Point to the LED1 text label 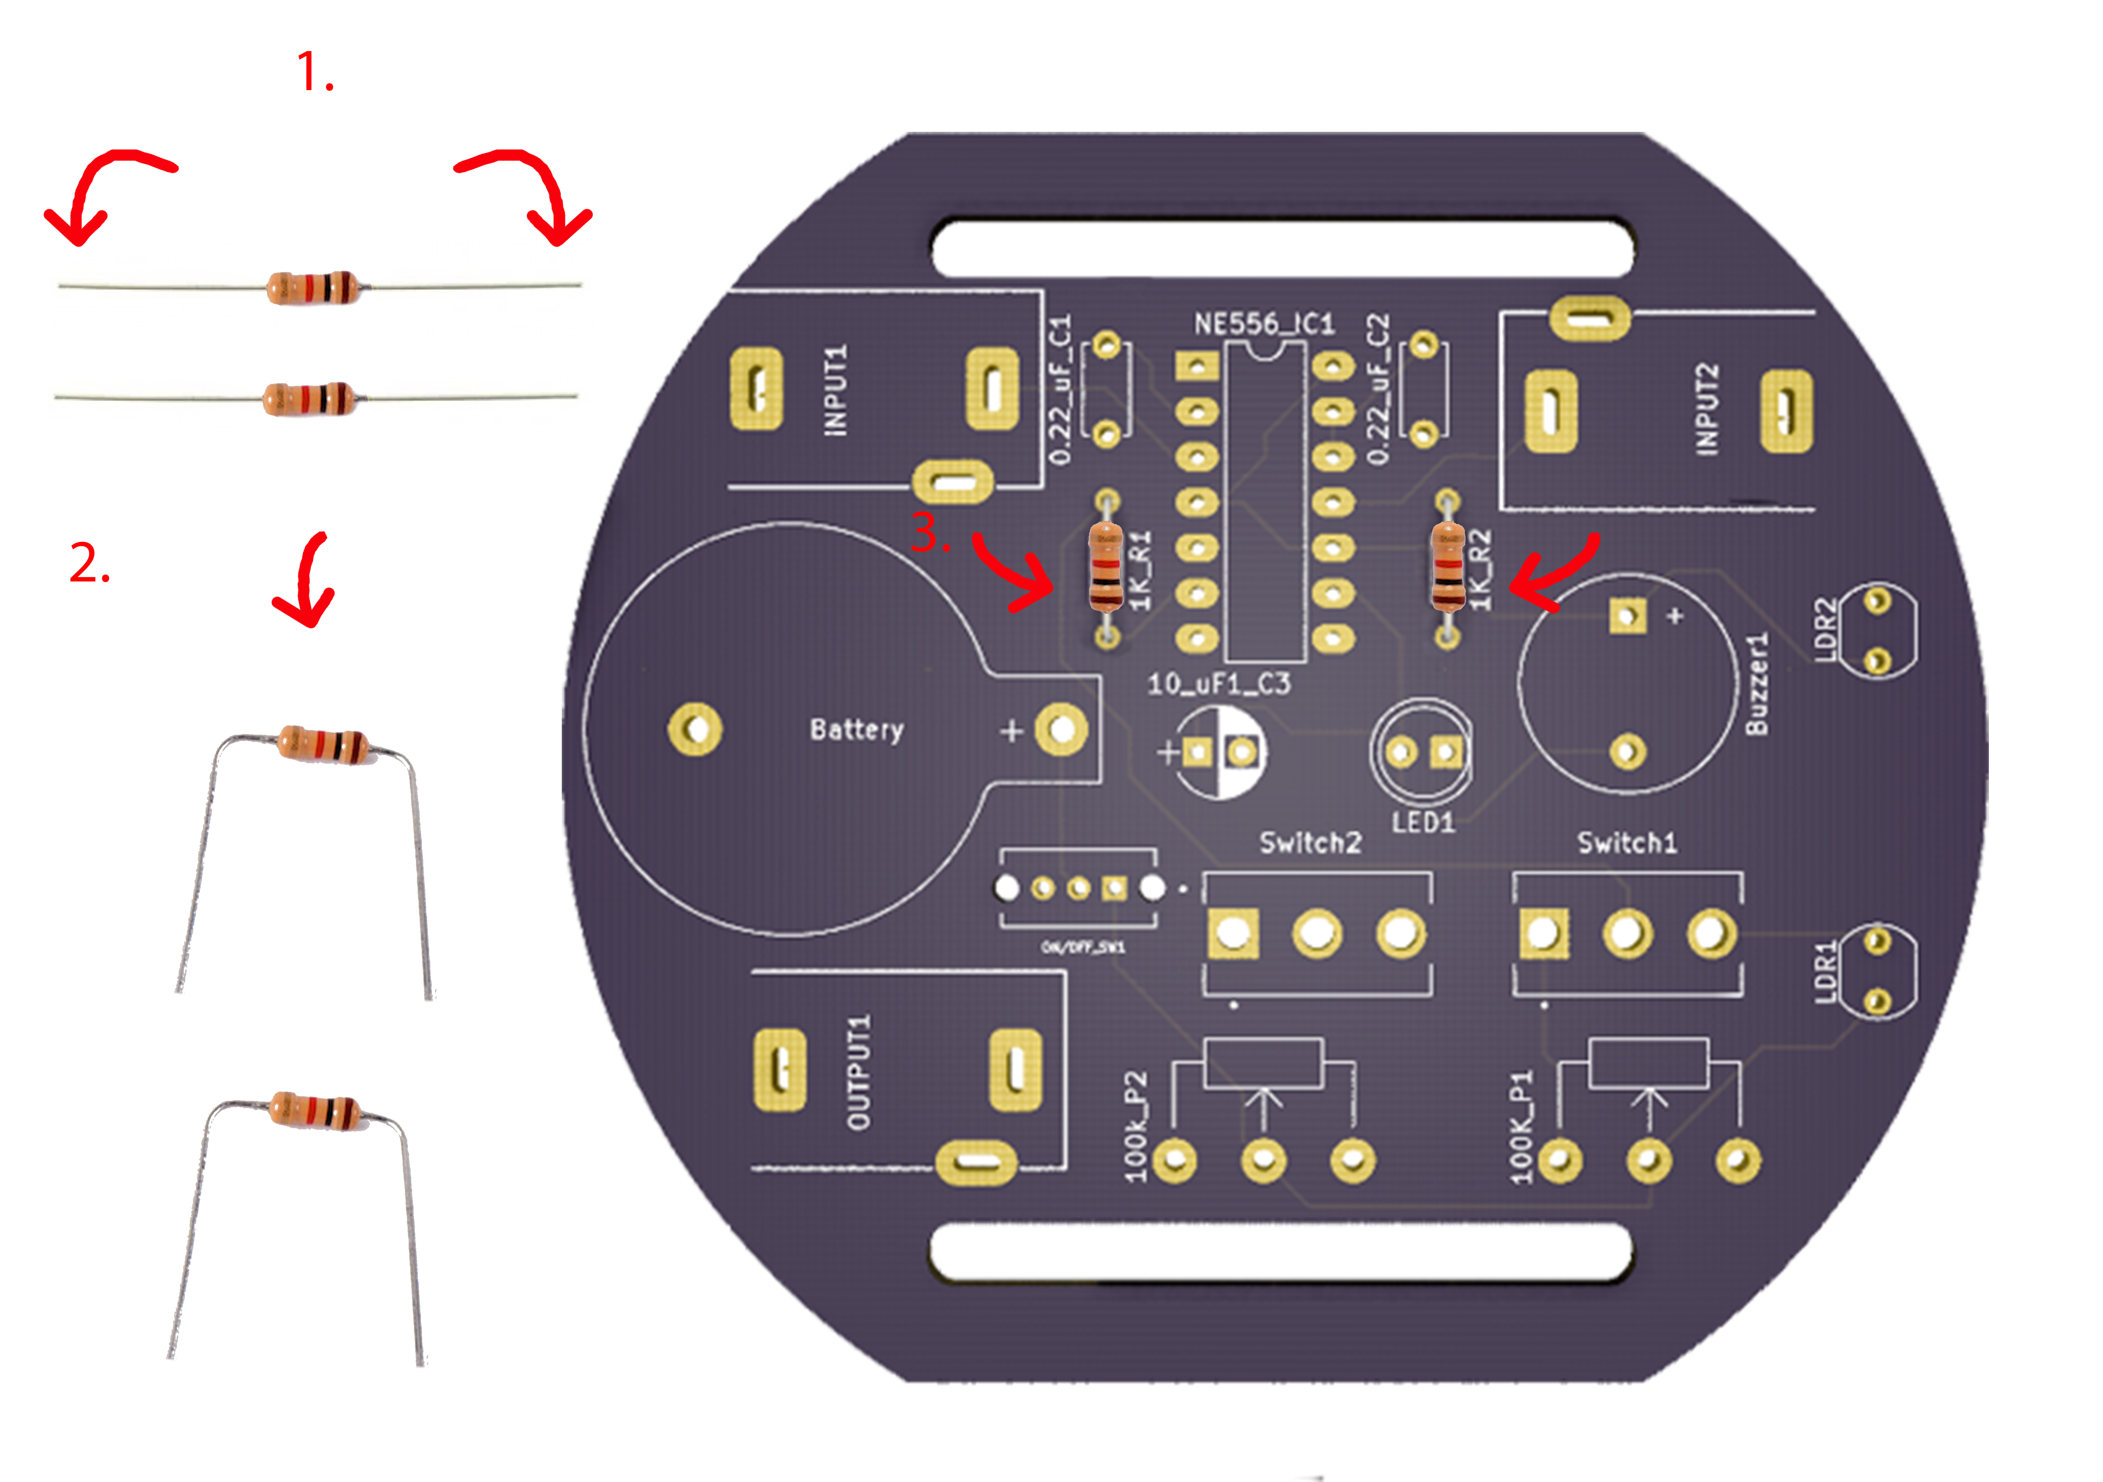click(1422, 821)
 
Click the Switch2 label click(1310, 842)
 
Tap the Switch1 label click(1627, 842)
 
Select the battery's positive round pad click(1061, 730)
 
